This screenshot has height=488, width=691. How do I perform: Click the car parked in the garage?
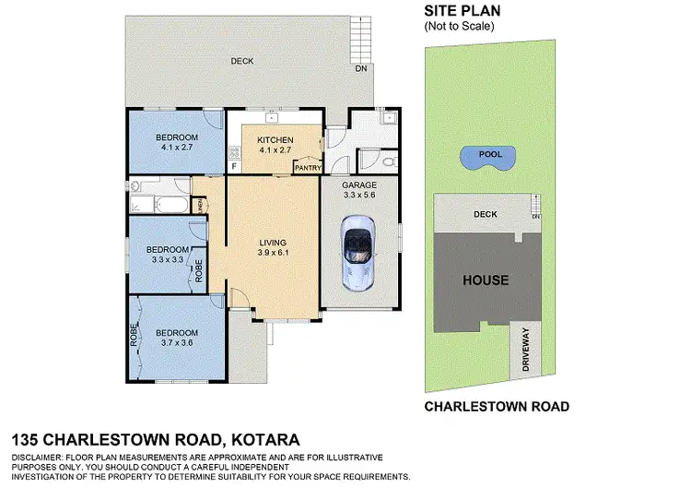(357, 248)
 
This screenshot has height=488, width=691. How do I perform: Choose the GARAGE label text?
(360, 184)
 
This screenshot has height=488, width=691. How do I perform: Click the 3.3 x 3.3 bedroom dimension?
(169, 259)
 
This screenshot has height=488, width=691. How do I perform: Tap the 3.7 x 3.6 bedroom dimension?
(176, 343)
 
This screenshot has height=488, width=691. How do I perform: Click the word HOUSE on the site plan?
(486, 280)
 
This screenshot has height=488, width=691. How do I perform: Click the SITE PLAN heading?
(459, 11)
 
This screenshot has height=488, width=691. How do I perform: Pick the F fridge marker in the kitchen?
(234, 166)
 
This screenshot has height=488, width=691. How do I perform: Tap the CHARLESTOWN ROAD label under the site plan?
(496, 406)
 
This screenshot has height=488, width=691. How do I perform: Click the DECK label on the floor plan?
(243, 62)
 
